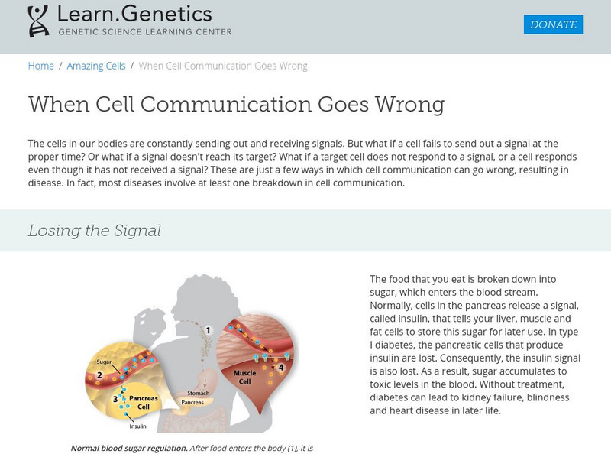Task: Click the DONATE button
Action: [x=553, y=24]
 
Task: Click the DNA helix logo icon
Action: [x=37, y=22]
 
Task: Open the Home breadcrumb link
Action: [x=41, y=66]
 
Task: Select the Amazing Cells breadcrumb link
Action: [x=96, y=66]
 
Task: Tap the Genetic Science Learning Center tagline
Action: [x=144, y=32]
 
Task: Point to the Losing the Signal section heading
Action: [x=95, y=230]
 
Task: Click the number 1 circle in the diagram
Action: [x=207, y=331]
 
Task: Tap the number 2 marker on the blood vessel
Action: [x=100, y=375]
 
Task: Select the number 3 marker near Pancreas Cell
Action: [x=116, y=398]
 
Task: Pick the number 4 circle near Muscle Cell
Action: [x=281, y=368]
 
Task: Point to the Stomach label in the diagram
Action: [x=198, y=393]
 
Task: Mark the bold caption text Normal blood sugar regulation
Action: [x=129, y=448]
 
